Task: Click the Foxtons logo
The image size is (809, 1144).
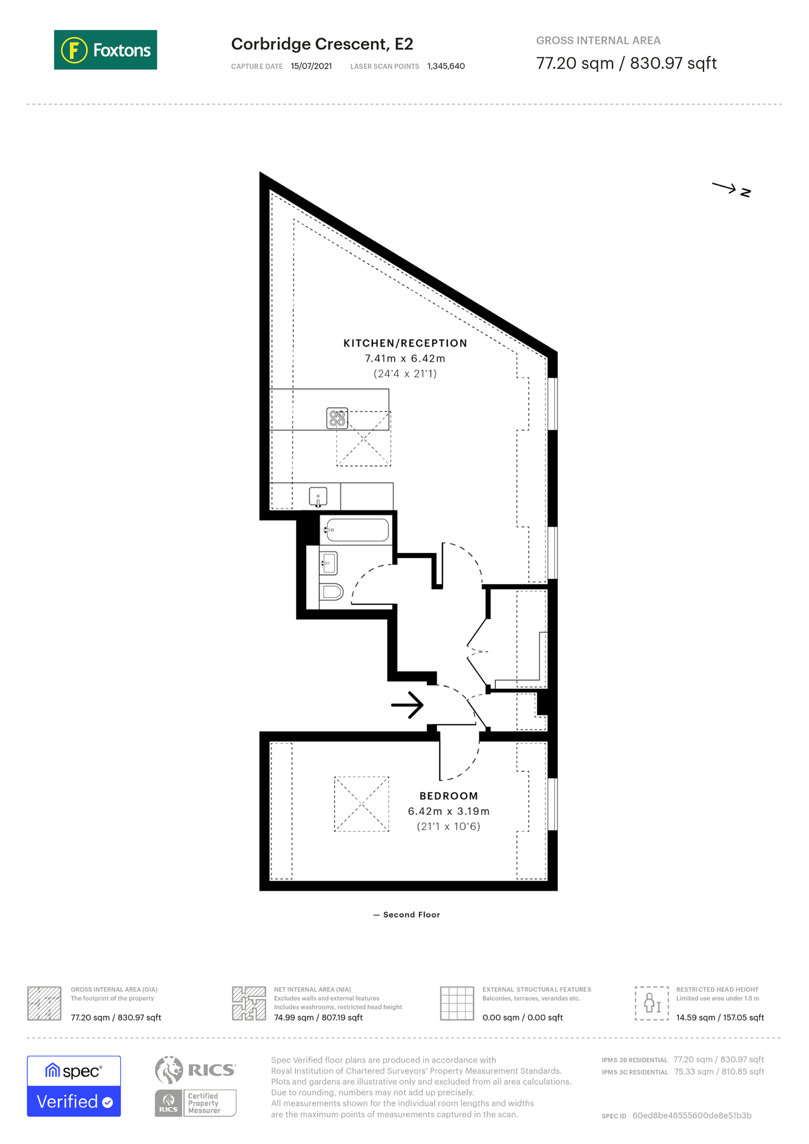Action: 105,50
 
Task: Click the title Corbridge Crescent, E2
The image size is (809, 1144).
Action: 322,44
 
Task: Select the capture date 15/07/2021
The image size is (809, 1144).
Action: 311,66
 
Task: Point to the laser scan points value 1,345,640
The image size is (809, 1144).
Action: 445,66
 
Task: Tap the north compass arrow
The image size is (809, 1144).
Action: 731,189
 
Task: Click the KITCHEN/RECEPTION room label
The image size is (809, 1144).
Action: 405,343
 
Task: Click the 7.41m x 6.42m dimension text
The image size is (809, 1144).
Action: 405,358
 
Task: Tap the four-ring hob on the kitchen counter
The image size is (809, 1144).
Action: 337,418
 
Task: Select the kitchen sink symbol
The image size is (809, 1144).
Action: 318,496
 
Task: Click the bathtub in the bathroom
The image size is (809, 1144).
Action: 357,530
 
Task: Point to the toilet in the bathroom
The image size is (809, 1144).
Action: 331,592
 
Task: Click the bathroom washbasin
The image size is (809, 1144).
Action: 328,563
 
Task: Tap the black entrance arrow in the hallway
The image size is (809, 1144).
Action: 407,705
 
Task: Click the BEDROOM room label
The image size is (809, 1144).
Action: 448,796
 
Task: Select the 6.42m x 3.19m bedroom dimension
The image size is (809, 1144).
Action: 448,811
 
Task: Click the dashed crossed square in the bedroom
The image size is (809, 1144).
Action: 361,804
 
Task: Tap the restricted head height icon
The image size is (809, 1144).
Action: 651,1003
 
